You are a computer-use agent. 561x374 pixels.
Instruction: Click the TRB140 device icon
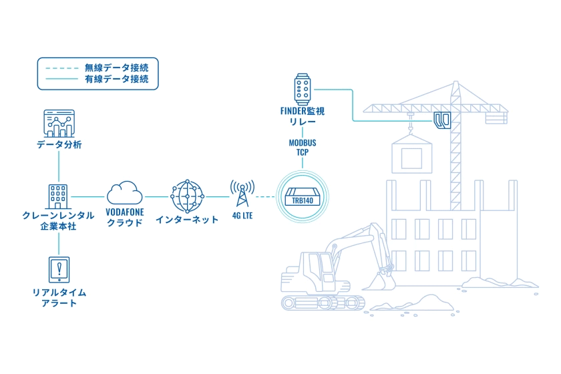point(303,197)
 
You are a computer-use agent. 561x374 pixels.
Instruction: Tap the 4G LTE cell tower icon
point(242,193)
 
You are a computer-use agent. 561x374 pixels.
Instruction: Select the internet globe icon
point(187,196)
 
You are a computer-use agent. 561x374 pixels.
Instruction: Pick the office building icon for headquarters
point(58,196)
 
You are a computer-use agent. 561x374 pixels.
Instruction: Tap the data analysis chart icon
point(59,124)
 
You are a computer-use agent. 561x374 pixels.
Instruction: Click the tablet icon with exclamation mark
point(59,270)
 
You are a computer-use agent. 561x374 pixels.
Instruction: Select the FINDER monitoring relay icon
point(303,89)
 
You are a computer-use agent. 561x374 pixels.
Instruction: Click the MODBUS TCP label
point(303,148)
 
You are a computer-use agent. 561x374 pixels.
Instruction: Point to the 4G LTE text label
point(242,216)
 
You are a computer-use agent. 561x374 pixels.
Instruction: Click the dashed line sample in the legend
point(61,68)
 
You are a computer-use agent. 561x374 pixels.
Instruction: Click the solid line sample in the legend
point(61,79)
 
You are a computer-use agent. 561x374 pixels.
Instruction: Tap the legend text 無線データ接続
point(116,67)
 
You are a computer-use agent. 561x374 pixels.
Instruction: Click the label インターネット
point(187,220)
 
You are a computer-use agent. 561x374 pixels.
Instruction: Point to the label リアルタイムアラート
point(59,298)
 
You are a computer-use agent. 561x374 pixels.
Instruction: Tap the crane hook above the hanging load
point(410,129)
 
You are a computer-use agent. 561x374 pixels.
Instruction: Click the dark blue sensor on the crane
point(443,120)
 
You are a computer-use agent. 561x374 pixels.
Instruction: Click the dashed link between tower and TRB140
point(265,196)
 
